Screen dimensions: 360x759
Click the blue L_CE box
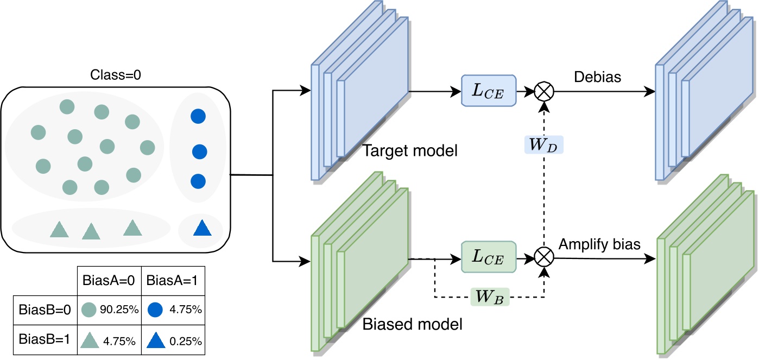pos(488,91)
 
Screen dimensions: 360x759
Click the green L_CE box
pos(488,257)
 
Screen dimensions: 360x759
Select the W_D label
pos(542,145)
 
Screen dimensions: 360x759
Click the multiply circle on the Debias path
pos(542,91)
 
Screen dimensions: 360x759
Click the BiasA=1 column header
pos(173,282)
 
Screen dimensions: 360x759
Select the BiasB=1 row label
pos(43,340)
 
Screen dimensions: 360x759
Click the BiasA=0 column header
pos(109,282)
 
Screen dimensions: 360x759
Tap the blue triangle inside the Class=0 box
pos(202,228)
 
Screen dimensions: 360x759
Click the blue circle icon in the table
pos(155,310)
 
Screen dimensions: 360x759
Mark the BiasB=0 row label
pos(43,310)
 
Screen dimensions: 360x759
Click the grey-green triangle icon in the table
pos(90,340)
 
